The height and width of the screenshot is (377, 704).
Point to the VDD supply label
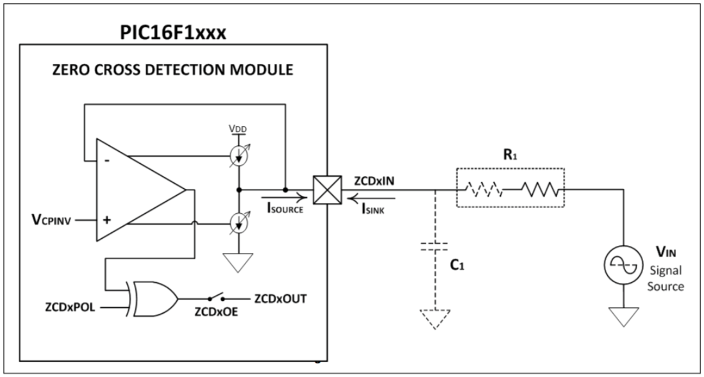click(239, 129)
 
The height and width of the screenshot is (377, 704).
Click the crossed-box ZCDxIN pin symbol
click(322, 189)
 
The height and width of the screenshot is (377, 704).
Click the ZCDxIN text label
click(370, 181)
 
